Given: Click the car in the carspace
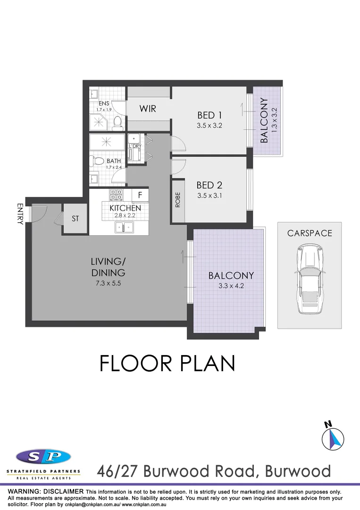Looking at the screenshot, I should click(x=309, y=279).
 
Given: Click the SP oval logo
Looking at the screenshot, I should click(x=43, y=457).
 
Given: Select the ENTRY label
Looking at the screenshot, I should click(x=20, y=214).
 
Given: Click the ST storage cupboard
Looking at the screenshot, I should click(x=75, y=219).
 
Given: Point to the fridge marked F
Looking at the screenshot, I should click(x=140, y=194).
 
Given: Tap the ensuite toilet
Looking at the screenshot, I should click(x=118, y=123).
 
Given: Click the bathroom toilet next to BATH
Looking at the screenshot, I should click(x=98, y=161).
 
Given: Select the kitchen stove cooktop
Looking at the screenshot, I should click(x=116, y=195).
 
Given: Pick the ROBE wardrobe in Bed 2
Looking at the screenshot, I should click(x=178, y=200).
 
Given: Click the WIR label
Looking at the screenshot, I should click(x=148, y=109).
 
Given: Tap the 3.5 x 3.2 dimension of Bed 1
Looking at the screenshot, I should click(x=209, y=126).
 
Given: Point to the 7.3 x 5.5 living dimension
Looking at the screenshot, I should click(x=109, y=283).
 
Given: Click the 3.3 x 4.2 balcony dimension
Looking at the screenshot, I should click(x=231, y=285).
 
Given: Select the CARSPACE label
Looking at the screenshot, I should click(x=310, y=233).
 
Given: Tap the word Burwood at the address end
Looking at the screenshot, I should click(x=298, y=471).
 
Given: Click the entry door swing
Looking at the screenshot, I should click(x=39, y=212).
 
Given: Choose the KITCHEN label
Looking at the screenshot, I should click(x=125, y=208).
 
